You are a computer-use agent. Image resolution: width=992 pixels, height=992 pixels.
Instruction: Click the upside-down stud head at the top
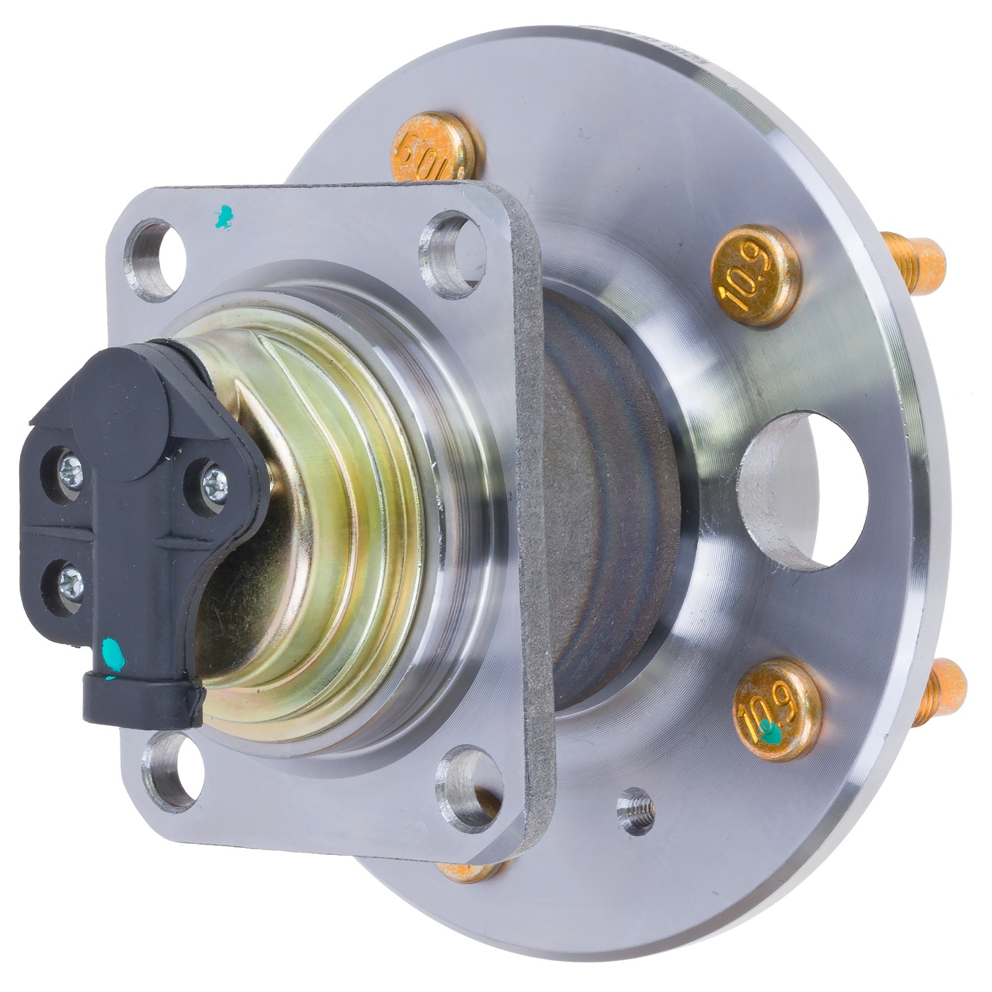point(433,147)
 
